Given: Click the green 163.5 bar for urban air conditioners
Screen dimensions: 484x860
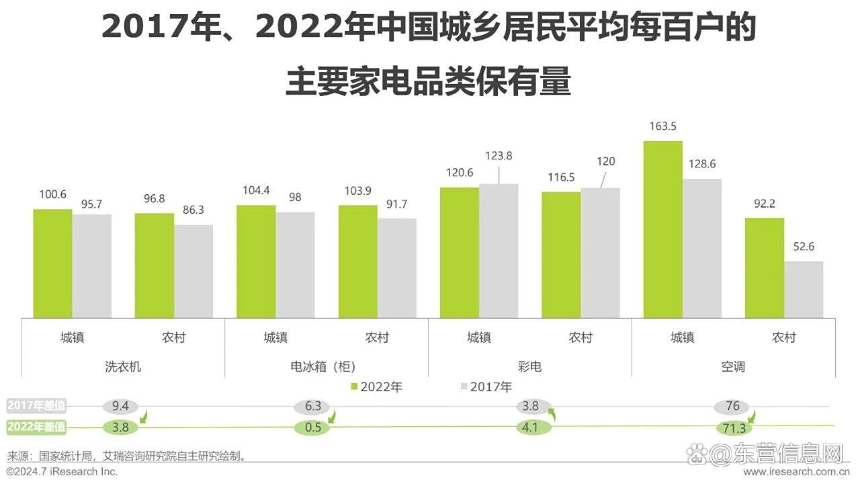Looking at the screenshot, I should point(662,229).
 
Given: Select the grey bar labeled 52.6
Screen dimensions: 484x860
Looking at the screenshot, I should point(804,289).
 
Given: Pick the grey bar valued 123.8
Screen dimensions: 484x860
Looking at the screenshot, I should point(499,251).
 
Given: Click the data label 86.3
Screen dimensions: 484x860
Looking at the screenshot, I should point(193,210).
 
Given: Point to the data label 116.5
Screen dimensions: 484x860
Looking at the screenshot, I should point(561,177).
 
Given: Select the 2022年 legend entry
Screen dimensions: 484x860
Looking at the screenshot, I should point(376,387).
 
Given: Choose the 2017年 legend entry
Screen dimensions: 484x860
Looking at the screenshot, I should point(486,387).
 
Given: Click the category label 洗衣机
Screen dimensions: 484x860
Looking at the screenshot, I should point(123,367).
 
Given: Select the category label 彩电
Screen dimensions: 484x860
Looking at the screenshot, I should point(529,367).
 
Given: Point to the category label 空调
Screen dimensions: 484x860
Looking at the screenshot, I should point(733,367).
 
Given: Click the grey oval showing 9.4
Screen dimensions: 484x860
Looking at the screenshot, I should point(121,406).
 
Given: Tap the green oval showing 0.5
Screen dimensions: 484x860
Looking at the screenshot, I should point(312,427).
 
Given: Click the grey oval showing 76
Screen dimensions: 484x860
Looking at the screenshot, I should point(732,406).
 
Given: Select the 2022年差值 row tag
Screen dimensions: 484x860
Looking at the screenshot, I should point(37,426).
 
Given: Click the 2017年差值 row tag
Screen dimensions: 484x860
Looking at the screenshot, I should point(37,405).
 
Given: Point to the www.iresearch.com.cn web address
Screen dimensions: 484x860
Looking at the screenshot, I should point(799,472).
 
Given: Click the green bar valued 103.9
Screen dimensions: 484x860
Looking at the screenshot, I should point(357,261).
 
